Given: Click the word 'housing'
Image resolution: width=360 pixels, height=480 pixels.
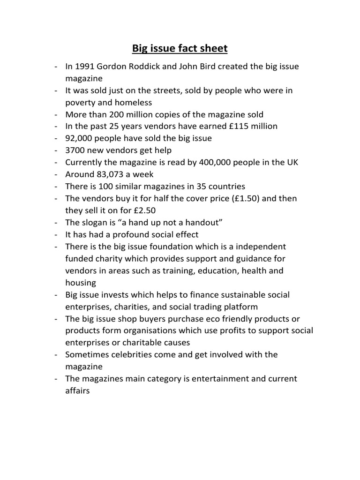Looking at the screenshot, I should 81,283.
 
